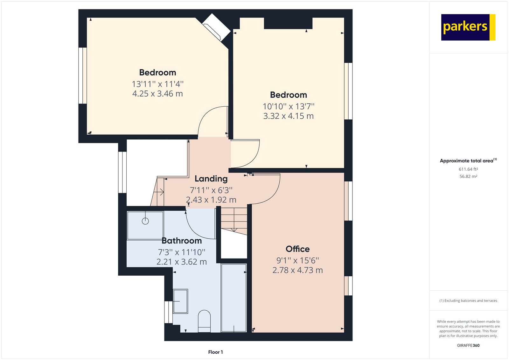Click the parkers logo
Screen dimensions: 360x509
[x=468, y=27]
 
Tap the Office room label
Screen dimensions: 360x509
[x=297, y=249]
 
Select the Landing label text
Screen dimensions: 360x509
[x=211, y=179]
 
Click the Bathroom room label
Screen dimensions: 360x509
[x=182, y=241]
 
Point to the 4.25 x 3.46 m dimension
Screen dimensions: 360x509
[x=157, y=94]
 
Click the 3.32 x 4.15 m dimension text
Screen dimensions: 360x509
[x=288, y=116]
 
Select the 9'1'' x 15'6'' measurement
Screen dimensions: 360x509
[x=297, y=260]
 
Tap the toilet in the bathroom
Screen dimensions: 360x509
[x=204, y=321]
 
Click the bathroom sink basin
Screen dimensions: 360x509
[x=180, y=301]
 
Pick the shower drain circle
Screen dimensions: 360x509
[x=145, y=221]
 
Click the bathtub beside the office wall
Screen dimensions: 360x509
[x=234, y=298]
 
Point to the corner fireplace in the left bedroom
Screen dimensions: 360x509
[x=217, y=27]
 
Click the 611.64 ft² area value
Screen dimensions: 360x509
[x=468, y=169]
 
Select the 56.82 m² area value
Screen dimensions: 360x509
[x=468, y=176]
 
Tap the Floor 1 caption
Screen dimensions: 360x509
[x=215, y=352]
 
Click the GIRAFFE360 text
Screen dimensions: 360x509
[x=468, y=345]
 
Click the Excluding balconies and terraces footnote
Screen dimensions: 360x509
[x=468, y=300]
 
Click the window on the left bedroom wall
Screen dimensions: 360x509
[x=83, y=76]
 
